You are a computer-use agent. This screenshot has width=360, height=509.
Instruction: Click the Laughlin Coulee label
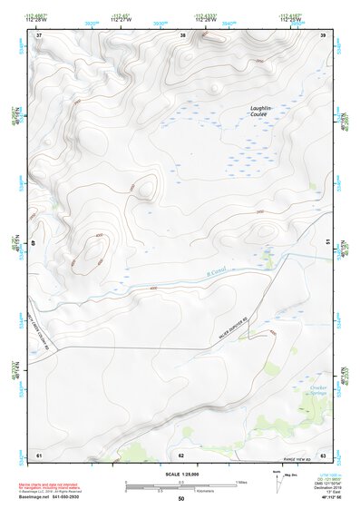point(261,113)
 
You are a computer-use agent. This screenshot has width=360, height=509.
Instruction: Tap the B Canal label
point(214,269)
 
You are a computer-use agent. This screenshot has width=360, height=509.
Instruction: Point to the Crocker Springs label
point(317,389)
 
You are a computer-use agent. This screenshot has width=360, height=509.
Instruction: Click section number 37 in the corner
point(38,36)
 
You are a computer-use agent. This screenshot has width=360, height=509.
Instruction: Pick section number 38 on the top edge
point(183,36)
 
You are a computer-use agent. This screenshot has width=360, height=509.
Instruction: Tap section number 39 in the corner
point(324,36)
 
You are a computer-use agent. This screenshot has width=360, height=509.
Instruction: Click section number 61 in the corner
point(38,454)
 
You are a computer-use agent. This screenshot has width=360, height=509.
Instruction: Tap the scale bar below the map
point(181,486)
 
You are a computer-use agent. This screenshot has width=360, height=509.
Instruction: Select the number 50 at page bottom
point(181,499)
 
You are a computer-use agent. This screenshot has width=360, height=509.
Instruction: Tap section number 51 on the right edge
point(327,244)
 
